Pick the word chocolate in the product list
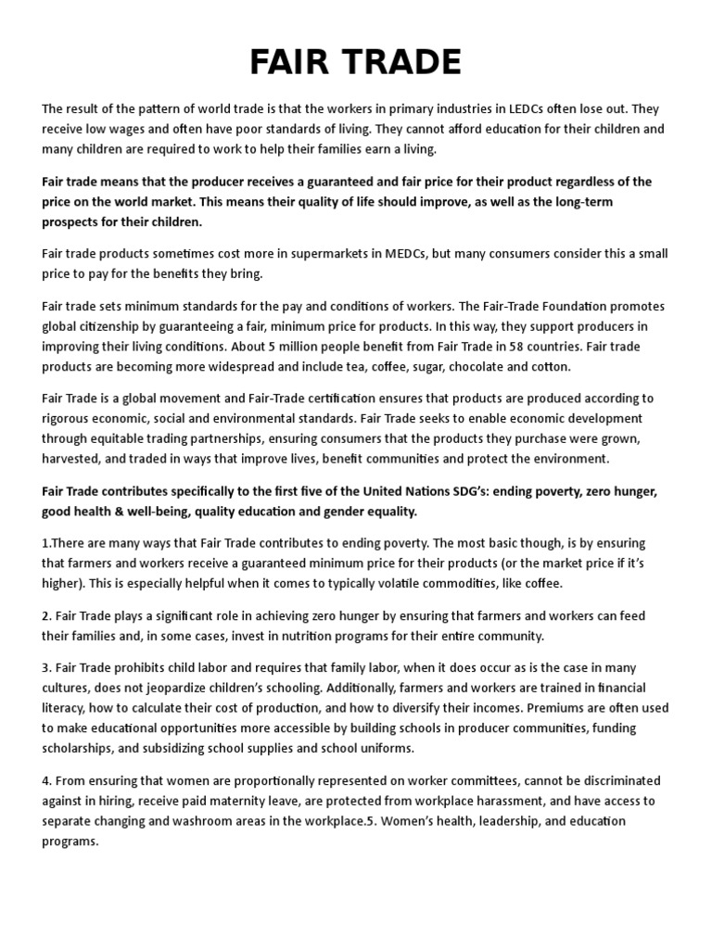click(471, 366)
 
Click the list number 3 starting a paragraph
click(45, 668)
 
